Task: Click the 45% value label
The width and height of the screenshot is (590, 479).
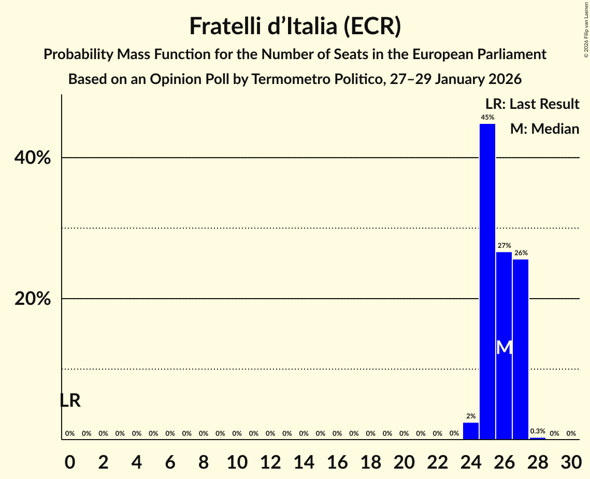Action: pos(487,118)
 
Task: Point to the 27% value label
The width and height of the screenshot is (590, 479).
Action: pos(504,246)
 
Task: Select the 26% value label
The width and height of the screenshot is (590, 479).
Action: pos(521,253)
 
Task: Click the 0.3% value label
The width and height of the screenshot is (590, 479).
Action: pos(538,431)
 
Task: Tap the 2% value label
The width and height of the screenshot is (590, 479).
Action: pos(470,416)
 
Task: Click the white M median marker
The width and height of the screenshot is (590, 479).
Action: pos(504,347)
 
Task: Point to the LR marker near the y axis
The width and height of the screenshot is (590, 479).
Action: pos(70,401)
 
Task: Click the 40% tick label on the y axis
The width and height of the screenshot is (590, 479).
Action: pos(33,158)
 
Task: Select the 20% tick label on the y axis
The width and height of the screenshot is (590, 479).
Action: pos(33,299)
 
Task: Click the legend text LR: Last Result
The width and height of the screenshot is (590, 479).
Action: pos(532,104)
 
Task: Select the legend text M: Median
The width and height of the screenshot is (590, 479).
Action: pos(544,129)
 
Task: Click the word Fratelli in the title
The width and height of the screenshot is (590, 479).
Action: pos(226,26)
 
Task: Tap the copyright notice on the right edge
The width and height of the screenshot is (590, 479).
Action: pos(586,29)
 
